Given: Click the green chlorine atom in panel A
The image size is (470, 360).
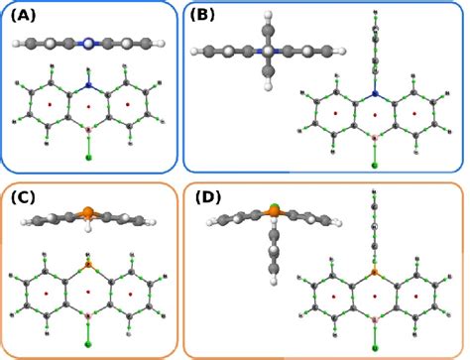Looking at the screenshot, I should tap(88, 158).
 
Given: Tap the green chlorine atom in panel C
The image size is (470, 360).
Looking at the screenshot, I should tap(88, 344).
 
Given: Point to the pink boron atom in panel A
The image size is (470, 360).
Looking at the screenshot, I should tap(88, 129).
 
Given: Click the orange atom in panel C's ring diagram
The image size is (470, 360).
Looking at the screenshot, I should tap(88, 266).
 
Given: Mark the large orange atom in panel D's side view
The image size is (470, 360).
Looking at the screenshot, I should tap(273, 209).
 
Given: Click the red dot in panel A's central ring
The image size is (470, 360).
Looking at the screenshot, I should tap(88, 105).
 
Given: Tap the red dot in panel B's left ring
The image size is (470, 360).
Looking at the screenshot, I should tap(335, 114).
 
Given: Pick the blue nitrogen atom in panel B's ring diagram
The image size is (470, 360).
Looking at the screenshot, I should tap(375, 95).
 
